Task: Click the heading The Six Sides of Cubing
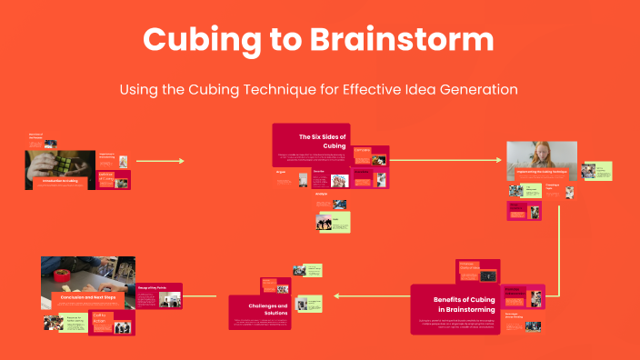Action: [x=323, y=141]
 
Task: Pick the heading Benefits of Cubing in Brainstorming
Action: [x=464, y=305]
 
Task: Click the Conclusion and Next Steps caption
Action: [x=87, y=295]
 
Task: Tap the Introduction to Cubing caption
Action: [x=60, y=181]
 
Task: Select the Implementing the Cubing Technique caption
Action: [x=542, y=171]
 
